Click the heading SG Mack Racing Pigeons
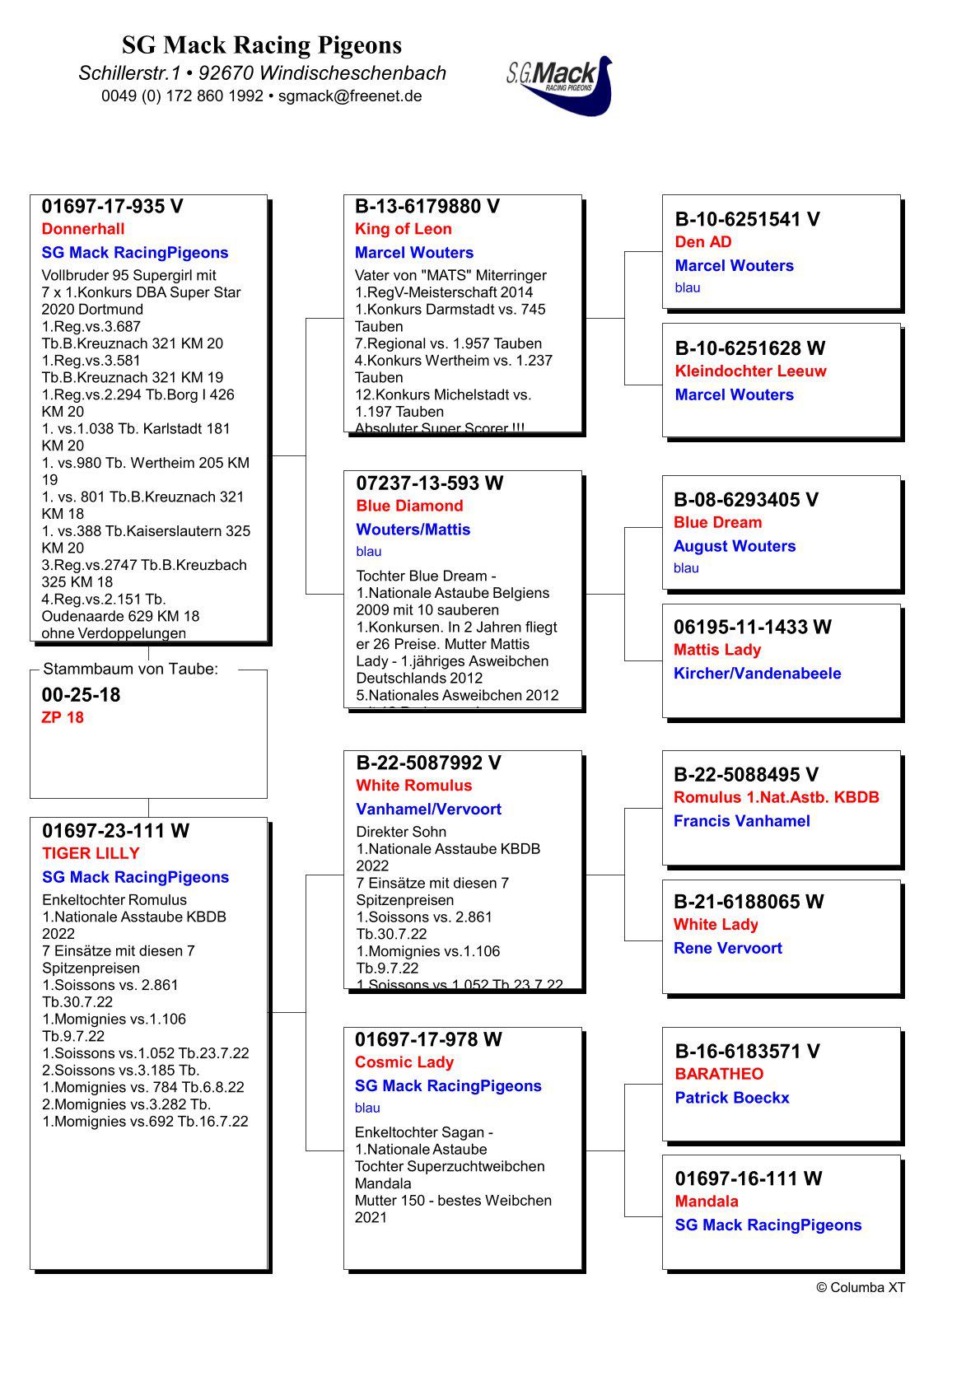pos(262,44)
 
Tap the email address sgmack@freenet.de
pos(350,96)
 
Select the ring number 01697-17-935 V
pos(113,206)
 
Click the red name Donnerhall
pos(83,229)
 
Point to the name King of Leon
pos(404,229)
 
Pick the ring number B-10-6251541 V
pos(747,219)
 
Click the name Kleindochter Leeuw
pos(750,371)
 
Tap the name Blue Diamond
pos(409,506)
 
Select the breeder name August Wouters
pos(735,546)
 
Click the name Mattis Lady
pos(717,650)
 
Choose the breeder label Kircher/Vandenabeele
pos(757,673)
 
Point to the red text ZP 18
pos(63,717)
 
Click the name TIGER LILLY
pos(91,853)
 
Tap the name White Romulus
pos(414,786)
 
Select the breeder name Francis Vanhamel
pos(741,821)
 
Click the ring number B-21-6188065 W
pos(749,902)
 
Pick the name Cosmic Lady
pos(404,1062)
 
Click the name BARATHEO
pos(719,1074)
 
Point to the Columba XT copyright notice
pos(861,1287)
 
